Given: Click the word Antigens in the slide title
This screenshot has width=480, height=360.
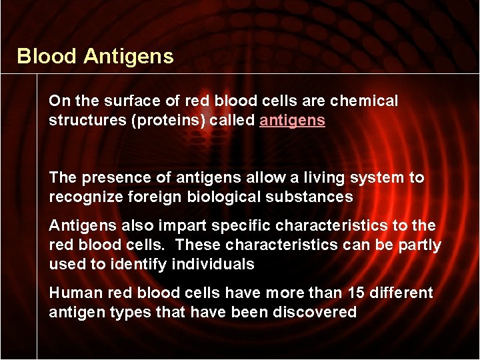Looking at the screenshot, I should tap(129, 57).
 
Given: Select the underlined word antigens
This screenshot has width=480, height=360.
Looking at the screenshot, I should tap(292, 121).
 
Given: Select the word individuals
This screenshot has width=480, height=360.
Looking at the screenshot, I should tap(213, 265).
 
